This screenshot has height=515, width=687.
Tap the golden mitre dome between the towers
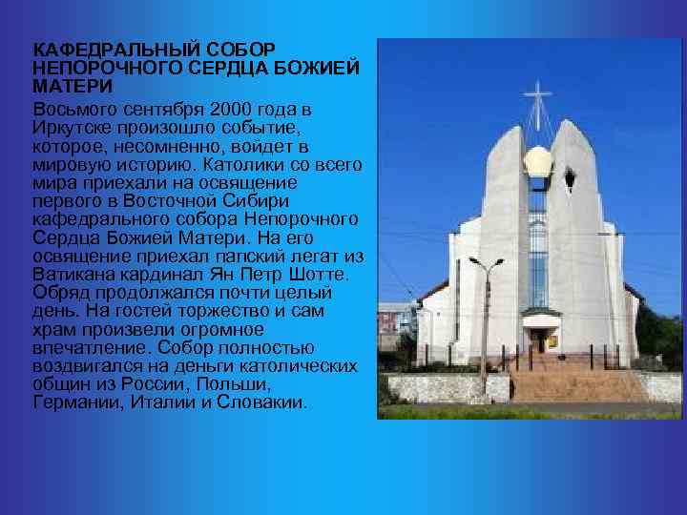click(538, 163)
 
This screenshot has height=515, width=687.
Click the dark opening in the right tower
click(570, 178)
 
